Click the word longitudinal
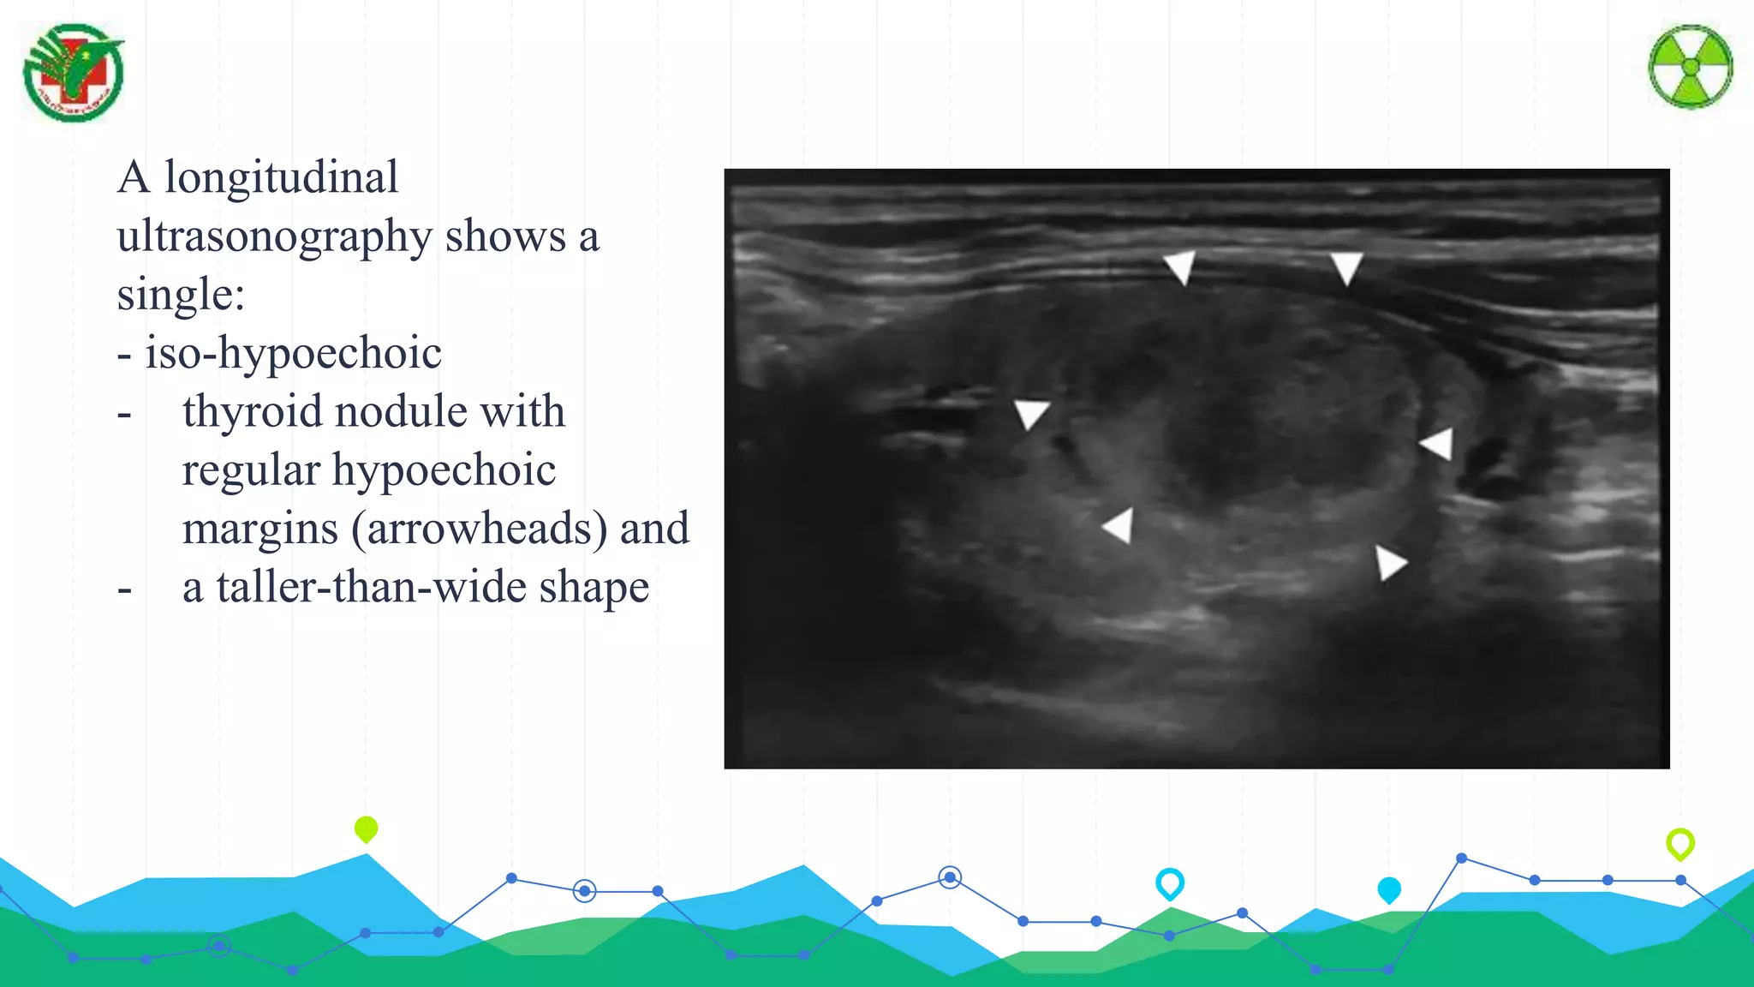point(281,178)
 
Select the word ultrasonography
point(274,237)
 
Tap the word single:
point(181,295)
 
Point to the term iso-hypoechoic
point(293,354)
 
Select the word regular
point(251,470)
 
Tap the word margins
point(260,529)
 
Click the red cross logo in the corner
point(74,73)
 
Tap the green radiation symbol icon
point(1690,67)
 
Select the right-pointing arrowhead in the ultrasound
point(1389,563)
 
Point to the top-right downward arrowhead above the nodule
point(1346,266)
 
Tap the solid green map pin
point(366,828)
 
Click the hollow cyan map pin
point(1169,882)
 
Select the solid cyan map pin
point(1388,889)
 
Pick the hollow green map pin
point(1679,844)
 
